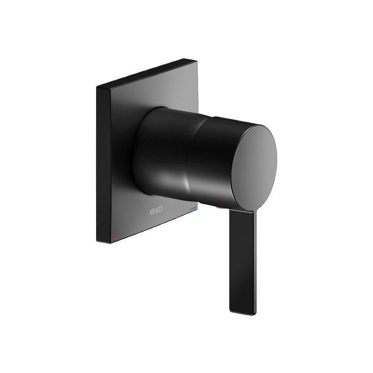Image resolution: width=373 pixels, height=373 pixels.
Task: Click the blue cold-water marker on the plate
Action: tap(193, 208)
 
